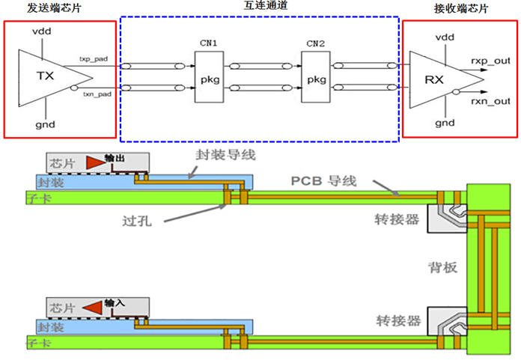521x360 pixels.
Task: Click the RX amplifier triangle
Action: pyautogui.click(x=439, y=79)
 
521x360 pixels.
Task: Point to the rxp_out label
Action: pyautogui.click(x=490, y=58)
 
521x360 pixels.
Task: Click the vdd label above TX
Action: pyautogui.click(x=42, y=31)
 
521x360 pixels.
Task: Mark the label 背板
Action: pyautogui.click(x=438, y=267)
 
